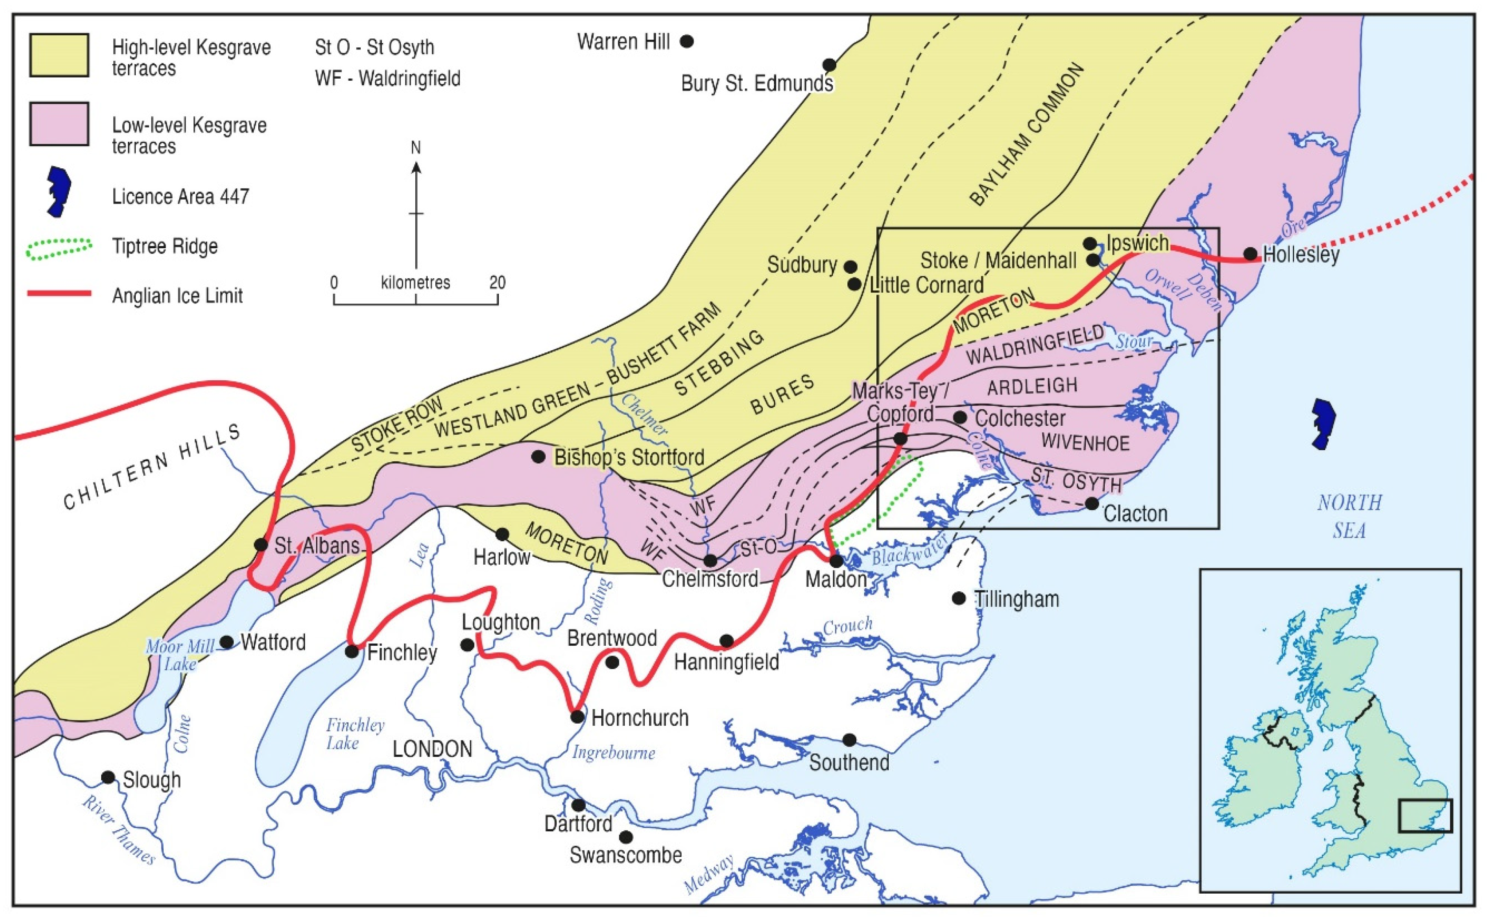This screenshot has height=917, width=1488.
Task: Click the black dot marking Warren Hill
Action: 686,41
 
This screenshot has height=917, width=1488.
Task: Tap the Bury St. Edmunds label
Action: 757,83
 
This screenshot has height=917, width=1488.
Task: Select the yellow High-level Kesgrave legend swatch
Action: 59,56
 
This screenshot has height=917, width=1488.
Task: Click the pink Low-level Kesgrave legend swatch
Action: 59,124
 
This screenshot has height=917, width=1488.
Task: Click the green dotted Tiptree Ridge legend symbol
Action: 60,247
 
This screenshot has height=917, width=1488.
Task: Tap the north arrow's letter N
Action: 416,148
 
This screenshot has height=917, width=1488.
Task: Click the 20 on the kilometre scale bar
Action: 497,283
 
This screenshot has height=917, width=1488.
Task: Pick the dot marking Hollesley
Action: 1250,254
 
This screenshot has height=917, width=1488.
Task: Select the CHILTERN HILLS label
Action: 152,467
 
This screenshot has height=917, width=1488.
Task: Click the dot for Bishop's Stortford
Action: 538,456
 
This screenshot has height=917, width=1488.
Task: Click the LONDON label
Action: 432,749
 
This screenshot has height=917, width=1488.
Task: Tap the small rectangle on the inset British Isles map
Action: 1425,815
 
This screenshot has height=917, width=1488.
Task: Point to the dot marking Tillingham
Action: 958,598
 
